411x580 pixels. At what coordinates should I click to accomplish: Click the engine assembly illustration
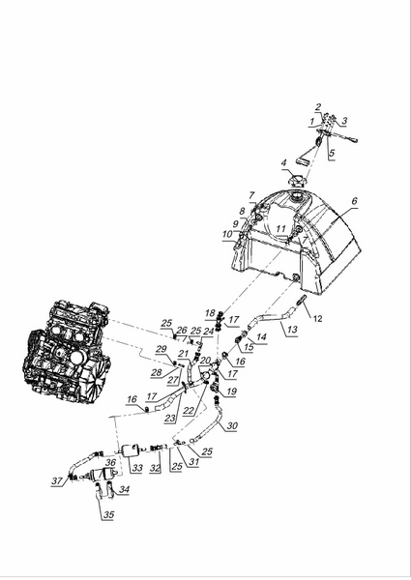(66, 353)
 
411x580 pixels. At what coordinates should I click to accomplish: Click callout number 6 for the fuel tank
(354, 201)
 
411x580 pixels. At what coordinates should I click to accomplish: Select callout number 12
(318, 318)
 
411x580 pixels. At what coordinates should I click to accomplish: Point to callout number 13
(292, 330)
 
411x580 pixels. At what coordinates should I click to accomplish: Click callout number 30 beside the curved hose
(232, 425)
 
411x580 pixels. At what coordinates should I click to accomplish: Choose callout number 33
(137, 468)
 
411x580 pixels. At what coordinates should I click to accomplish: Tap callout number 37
(57, 480)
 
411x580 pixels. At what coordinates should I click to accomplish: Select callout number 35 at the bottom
(108, 514)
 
